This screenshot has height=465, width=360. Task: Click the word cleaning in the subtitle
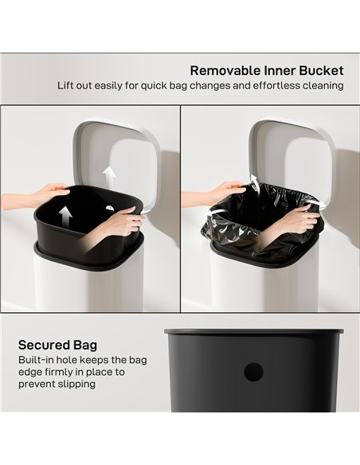pyautogui.click(x=322, y=85)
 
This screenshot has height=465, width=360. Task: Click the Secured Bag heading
pyautogui.click(x=57, y=345)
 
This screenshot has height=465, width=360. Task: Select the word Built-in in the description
pyautogui.click(x=37, y=360)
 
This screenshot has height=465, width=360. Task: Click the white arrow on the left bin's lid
pyautogui.click(x=109, y=174)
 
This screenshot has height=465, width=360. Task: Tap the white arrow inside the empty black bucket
pyautogui.click(x=66, y=214)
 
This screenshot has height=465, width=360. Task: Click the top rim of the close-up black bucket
pyautogui.click(x=253, y=331)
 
